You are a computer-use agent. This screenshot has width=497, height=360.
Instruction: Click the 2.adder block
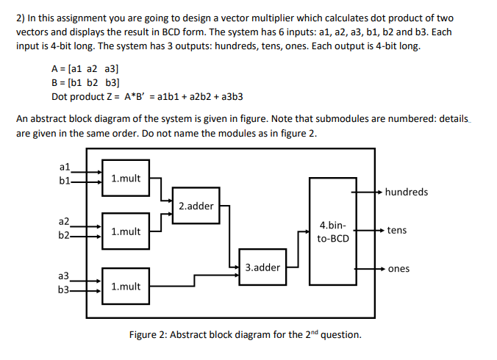click(x=196, y=206)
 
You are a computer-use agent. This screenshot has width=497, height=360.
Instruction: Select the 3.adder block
click(x=262, y=267)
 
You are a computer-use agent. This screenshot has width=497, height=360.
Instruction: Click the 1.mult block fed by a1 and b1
click(x=126, y=179)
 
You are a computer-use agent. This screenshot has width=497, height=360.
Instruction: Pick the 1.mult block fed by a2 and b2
click(x=126, y=232)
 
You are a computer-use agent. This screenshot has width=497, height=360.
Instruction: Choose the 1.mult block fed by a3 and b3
click(x=126, y=287)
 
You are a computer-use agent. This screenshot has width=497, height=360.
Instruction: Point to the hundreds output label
click(x=406, y=192)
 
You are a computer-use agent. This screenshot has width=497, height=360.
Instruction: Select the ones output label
click(x=398, y=269)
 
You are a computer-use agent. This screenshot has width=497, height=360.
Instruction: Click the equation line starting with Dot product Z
click(x=147, y=96)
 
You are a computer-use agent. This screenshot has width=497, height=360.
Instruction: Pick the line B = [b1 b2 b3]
click(x=85, y=82)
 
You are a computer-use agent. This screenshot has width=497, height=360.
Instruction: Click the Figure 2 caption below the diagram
click(x=245, y=335)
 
